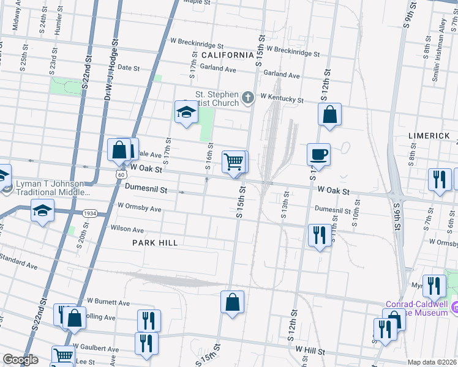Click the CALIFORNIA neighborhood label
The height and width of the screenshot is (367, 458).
pos(227,55)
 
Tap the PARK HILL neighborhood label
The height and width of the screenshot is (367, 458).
pos(155,243)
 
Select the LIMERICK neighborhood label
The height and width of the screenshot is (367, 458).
pos(429,135)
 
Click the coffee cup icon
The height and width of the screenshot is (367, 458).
pos(318,154)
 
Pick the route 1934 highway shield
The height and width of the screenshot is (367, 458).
pos(89,213)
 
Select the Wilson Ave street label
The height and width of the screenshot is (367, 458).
pos(127,229)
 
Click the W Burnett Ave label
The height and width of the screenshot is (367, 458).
pos(108,302)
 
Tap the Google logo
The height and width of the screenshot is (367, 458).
pos(20,360)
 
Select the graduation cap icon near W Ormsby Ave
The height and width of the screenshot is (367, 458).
pos(42,211)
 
